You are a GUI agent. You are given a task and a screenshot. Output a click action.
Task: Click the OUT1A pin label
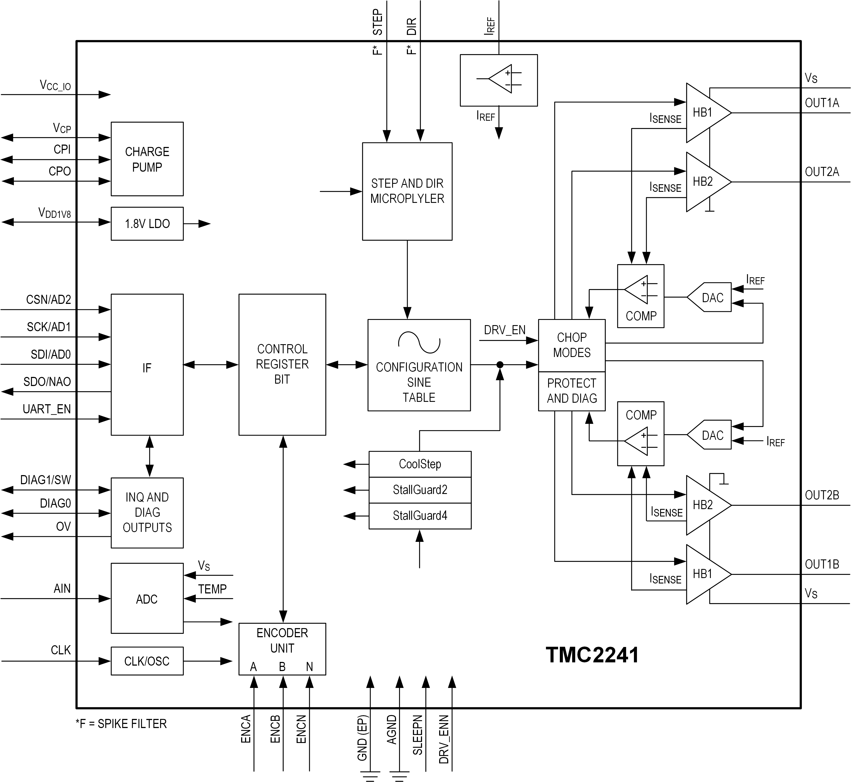coord(821,103)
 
